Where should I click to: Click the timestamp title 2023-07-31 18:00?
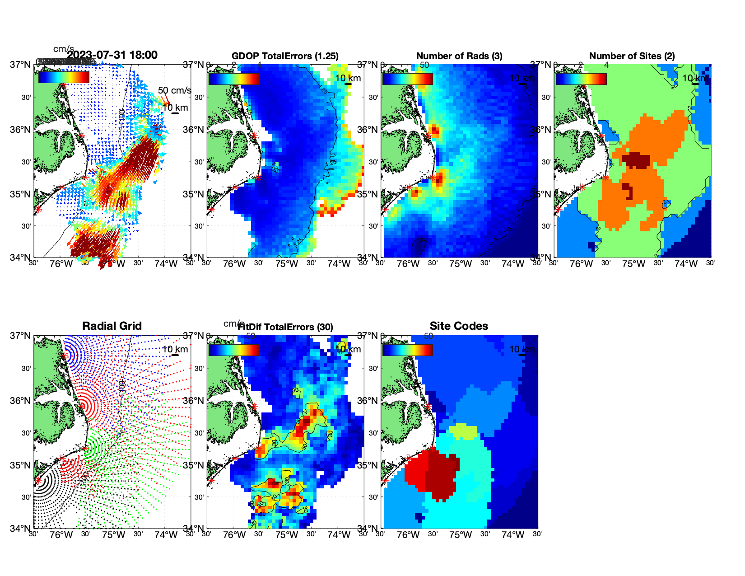click(x=112, y=56)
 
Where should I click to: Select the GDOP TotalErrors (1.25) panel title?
click(x=285, y=56)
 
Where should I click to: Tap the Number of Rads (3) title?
click(x=459, y=56)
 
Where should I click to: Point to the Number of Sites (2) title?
click(x=632, y=56)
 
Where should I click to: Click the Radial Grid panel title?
click(x=112, y=326)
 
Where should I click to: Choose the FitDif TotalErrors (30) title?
click(x=286, y=327)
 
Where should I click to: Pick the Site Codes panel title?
click(x=459, y=326)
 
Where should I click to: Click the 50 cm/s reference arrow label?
click(x=174, y=91)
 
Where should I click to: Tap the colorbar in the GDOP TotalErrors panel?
click(x=234, y=79)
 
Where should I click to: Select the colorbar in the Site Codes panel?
click(x=407, y=350)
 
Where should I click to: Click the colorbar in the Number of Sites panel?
click(x=581, y=79)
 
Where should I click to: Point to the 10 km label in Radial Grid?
click(x=175, y=349)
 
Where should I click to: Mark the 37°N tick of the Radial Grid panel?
click(x=20, y=336)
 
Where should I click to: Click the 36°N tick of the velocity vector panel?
click(x=20, y=130)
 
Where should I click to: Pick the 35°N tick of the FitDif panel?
click(x=194, y=465)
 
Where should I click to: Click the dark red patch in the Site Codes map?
click(x=440, y=474)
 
